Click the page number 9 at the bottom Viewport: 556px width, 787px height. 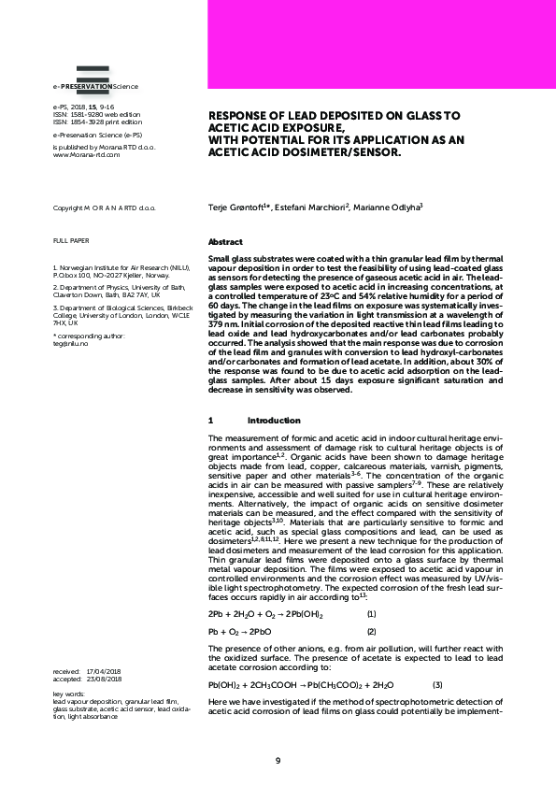click(278, 759)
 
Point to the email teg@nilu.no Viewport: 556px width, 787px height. click(70, 342)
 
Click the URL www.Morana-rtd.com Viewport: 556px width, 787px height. click(87, 155)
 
